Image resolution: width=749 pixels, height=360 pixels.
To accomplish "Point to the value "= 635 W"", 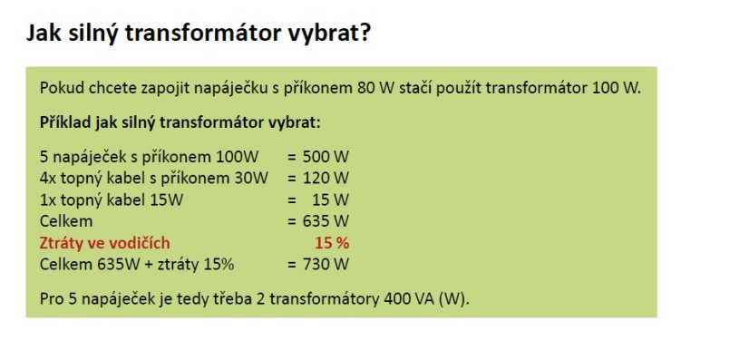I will tap(318, 220).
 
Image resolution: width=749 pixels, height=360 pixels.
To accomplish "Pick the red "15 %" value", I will tap(332, 242).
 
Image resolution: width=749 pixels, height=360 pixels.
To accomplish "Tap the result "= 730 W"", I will tap(318, 264).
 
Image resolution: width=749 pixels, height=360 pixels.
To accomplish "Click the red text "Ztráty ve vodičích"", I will tap(104, 242).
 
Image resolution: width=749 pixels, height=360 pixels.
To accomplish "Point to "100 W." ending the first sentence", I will tap(618, 88).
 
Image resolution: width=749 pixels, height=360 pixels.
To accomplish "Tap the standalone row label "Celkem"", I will tap(66, 220).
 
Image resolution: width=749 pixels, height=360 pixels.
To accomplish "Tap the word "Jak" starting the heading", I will tap(44, 34).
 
